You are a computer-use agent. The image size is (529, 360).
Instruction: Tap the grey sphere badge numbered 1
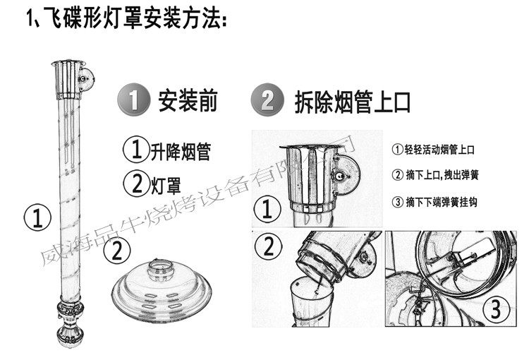click(x=133, y=100)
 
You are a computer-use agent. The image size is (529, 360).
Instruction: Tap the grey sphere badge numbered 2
click(x=267, y=100)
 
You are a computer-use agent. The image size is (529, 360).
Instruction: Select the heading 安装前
click(x=188, y=100)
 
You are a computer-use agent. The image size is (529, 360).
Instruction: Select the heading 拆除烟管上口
click(x=353, y=102)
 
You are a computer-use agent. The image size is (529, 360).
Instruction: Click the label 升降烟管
click(x=181, y=152)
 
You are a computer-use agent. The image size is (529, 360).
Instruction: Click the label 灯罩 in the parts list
click(x=166, y=184)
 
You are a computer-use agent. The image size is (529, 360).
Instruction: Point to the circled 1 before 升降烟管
click(x=136, y=149)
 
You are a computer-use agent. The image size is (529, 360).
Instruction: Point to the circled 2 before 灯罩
click(x=136, y=184)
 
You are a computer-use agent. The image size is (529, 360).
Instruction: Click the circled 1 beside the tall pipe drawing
click(x=37, y=217)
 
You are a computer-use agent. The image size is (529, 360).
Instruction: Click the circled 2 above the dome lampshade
click(x=116, y=251)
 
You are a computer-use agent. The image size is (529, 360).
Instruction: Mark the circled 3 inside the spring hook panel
click(x=496, y=308)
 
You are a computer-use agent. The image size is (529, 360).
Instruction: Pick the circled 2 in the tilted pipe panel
click(x=268, y=246)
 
